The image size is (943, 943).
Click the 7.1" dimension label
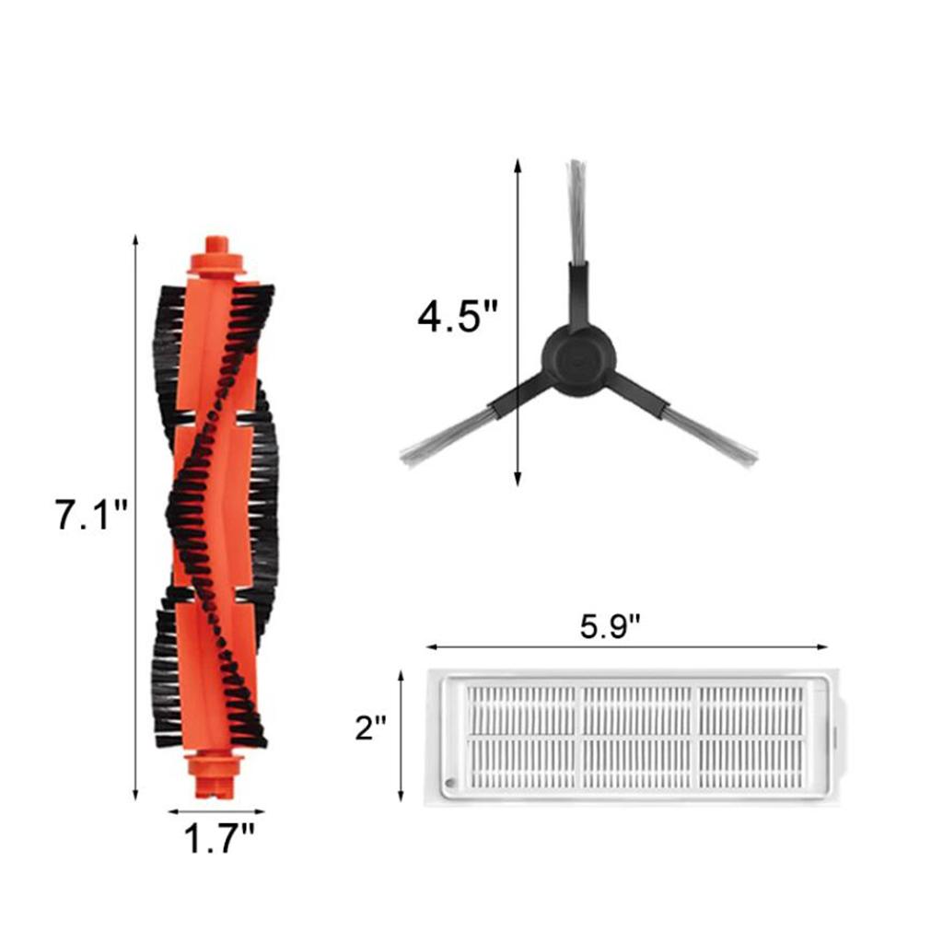click(91, 513)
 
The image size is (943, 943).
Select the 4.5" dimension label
click(457, 318)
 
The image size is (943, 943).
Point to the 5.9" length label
click(610, 627)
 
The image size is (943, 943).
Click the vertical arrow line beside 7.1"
click(136, 516)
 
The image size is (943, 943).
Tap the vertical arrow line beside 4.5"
click(518, 322)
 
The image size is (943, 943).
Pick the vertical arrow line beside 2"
click(402, 737)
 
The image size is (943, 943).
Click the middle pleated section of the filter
click(637, 735)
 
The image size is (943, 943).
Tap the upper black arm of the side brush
click(577, 295)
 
